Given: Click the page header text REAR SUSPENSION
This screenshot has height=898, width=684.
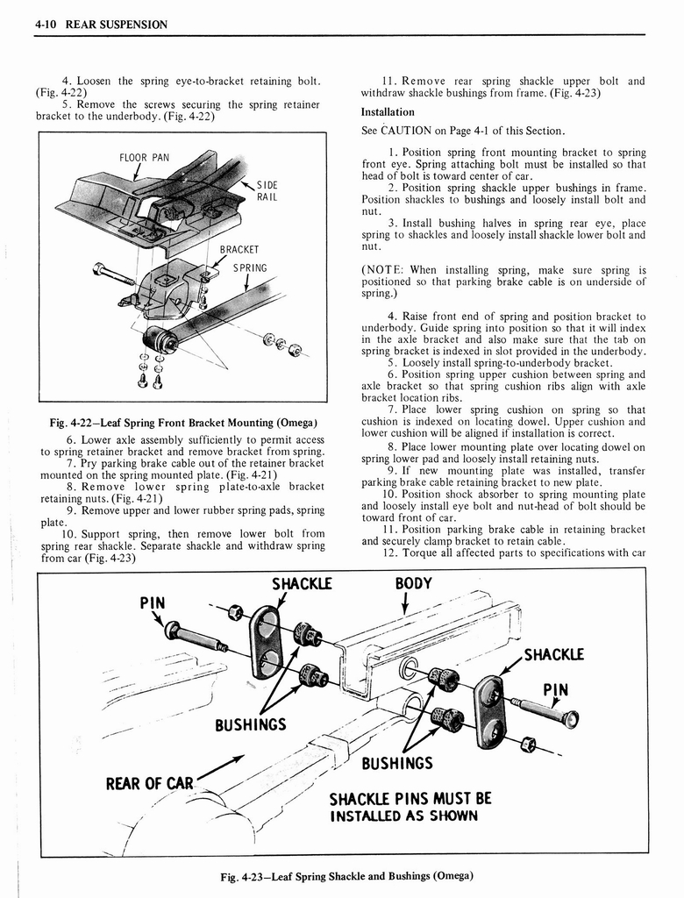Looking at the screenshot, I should [x=111, y=24].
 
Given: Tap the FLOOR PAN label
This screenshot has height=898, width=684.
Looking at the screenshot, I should [x=144, y=159].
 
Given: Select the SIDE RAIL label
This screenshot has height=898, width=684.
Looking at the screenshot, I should [x=267, y=191].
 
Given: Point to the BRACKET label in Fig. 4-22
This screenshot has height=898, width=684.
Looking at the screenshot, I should [x=239, y=249].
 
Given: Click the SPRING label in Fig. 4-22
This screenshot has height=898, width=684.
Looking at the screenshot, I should [x=249, y=268].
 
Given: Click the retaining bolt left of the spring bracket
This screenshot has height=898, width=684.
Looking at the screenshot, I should [x=113, y=273].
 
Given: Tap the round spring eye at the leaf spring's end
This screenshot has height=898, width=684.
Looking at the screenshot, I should [x=159, y=339].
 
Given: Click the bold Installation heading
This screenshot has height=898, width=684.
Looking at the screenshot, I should [x=388, y=112].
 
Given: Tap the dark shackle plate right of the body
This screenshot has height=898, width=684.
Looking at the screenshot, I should [x=488, y=710].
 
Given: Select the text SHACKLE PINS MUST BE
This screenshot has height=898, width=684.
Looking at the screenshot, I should [x=410, y=798].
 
